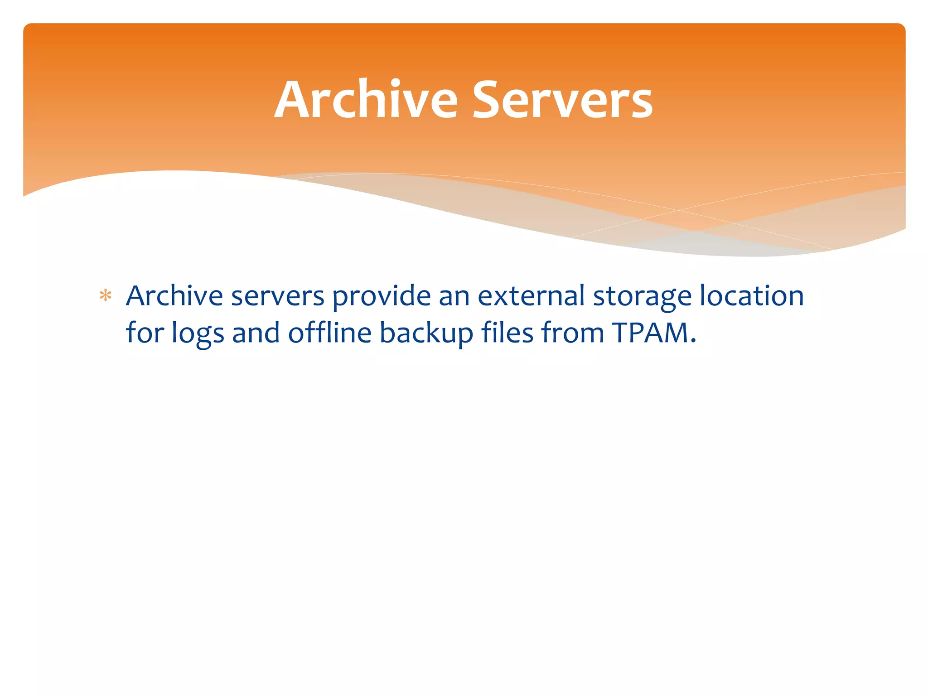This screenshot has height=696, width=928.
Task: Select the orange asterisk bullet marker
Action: [x=106, y=296]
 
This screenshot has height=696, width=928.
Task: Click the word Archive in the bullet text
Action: [x=174, y=296]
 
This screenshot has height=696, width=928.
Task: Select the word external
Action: [x=531, y=296]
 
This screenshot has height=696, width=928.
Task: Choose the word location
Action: [x=752, y=296]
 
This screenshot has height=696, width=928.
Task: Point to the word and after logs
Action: [x=256, y=333]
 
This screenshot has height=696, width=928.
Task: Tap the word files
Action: [x=507, y=333]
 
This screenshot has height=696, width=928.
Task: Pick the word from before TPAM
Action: [x=573, y=333]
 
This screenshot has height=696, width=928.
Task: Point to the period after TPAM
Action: [x=692, y=341]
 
